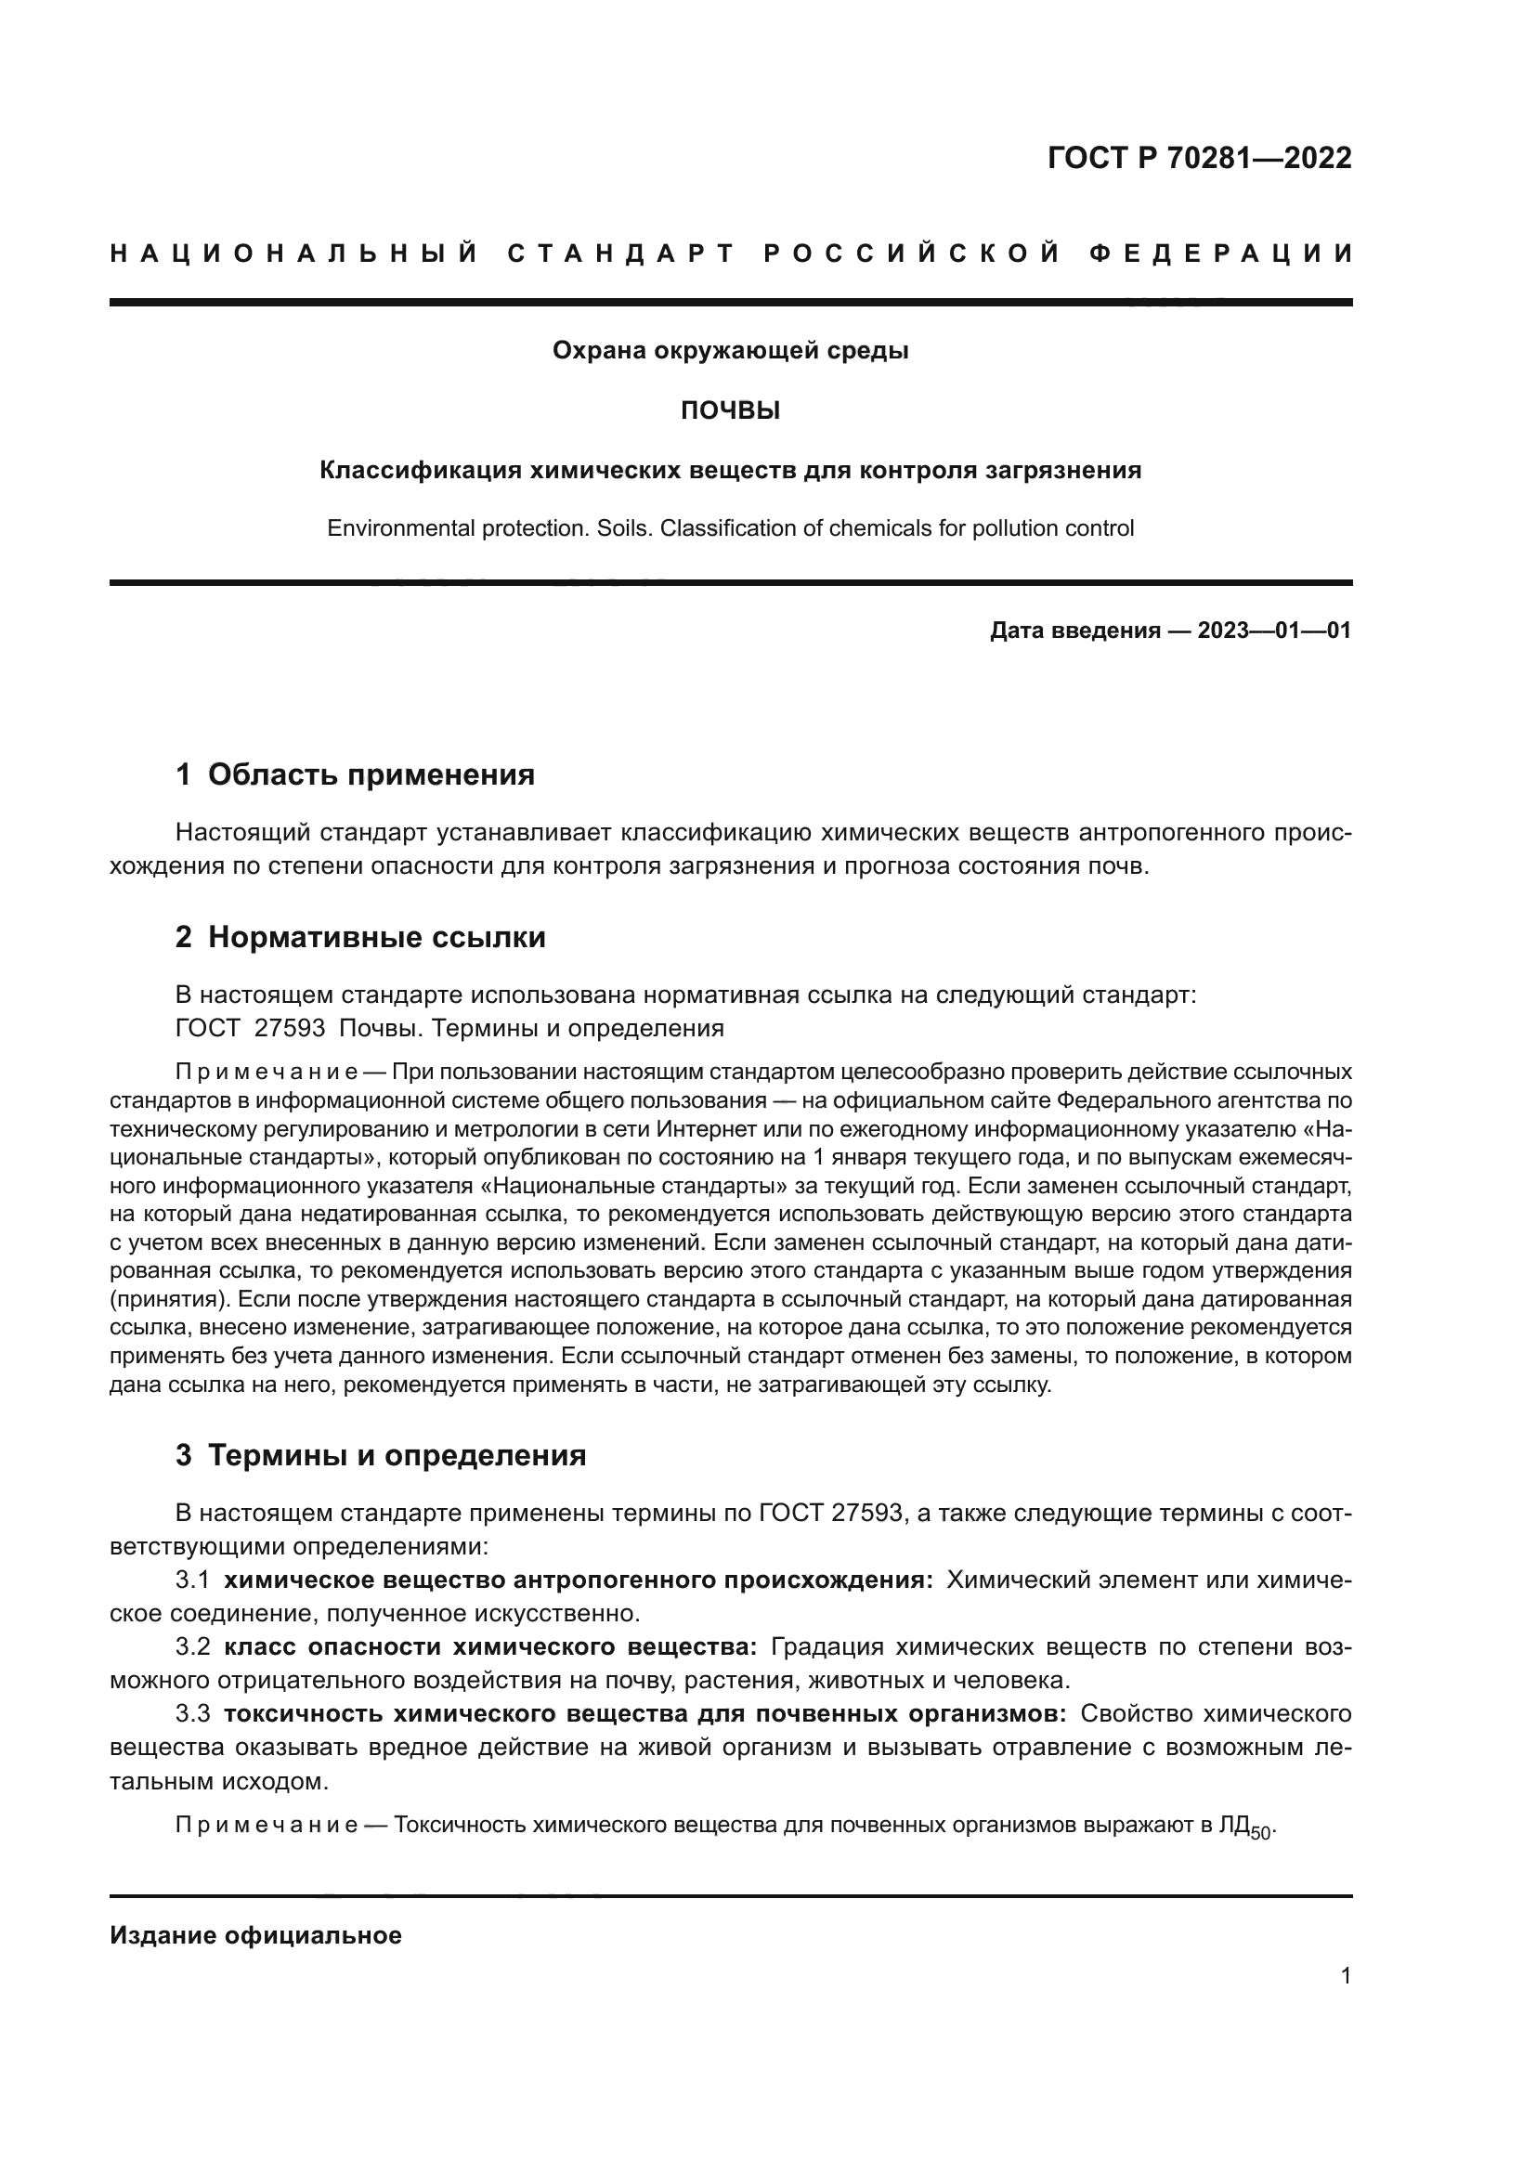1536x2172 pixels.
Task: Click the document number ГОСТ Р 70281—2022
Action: [1199, 158]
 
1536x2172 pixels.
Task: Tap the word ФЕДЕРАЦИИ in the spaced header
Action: [1221, 254]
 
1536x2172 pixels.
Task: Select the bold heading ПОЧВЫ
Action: [730, 410]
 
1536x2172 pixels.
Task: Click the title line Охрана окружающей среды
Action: [730, 351]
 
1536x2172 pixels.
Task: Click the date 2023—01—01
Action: [1274, 631]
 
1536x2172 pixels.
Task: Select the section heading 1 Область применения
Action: [355, 774]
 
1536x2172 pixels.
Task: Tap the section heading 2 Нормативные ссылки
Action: [360, 938]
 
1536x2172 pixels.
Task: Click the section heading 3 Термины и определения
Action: [380, 1455]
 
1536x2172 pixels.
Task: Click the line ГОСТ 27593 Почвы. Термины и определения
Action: [449, 1028]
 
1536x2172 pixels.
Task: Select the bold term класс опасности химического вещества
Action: [490, 1647]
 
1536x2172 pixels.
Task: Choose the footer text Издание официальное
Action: [256, 1935]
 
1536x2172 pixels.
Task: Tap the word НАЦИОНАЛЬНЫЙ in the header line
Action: [294, 254]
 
